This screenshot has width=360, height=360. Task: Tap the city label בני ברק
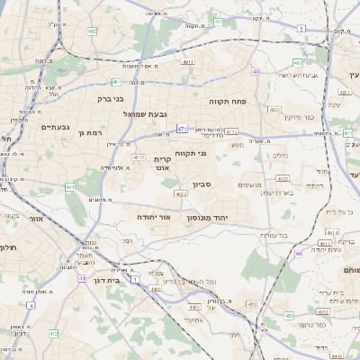tap(111, 98)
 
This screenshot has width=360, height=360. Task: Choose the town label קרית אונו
tap(162, 163)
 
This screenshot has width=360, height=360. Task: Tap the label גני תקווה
tap(190, 153)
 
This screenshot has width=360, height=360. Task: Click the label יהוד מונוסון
tap(207, 218)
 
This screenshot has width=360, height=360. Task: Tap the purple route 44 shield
tap(82, 279)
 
